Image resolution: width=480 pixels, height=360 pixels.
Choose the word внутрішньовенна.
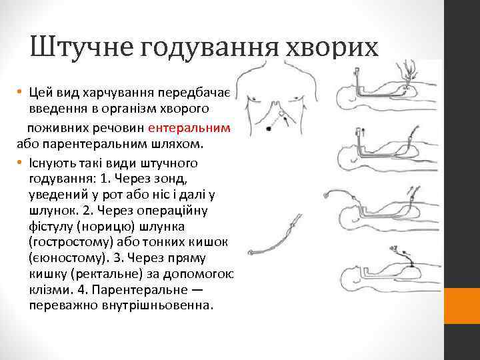(153, 305)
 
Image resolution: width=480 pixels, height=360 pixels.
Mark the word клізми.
(49, 289)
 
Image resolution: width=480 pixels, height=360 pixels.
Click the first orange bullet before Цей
(21, 92)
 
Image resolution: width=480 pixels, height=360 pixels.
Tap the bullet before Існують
(21, 163)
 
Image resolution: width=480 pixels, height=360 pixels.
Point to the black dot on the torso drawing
(268, 127)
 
